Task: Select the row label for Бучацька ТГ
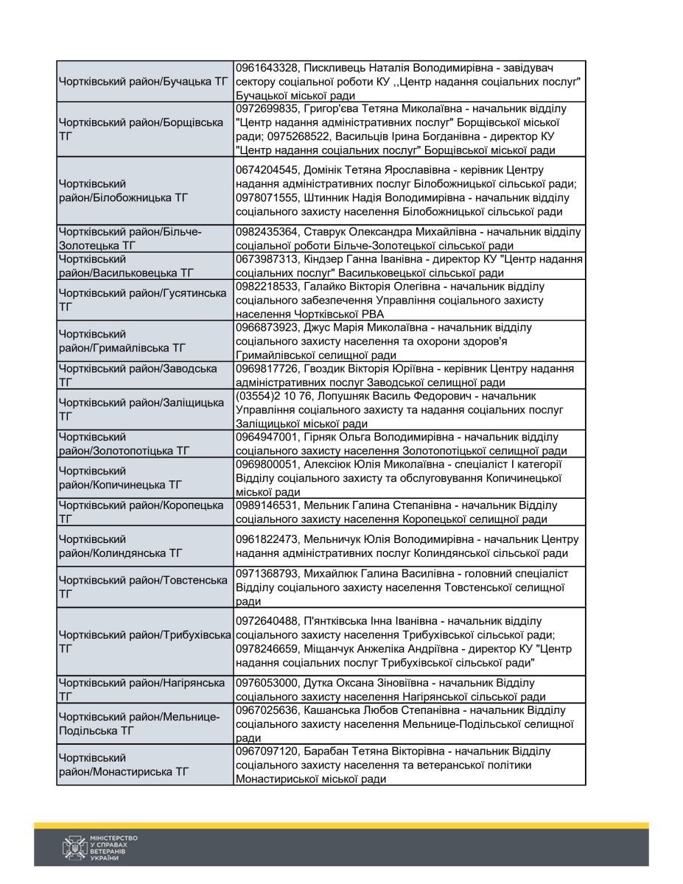tap(144, 82)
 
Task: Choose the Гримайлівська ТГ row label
tap(122, 340)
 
